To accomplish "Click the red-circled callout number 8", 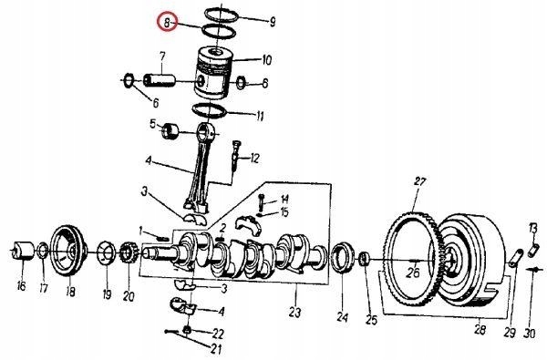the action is click(167, 23).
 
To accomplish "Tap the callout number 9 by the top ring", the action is click(272, 22).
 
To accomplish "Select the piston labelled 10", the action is click(213, 73).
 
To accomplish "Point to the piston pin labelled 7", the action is click(159, 80).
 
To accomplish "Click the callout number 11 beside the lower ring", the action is click(260, 116).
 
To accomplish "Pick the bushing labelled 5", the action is click(170, 132).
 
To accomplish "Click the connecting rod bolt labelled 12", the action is click(236, 156).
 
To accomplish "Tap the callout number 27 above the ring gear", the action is click(420, 181).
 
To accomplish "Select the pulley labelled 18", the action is click(67, 251).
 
